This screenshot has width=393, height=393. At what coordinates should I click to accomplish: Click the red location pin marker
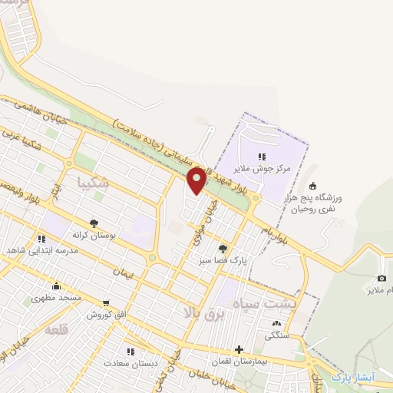tap(196, 180)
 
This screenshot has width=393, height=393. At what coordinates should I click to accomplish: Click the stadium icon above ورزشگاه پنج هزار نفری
tap(312, 185)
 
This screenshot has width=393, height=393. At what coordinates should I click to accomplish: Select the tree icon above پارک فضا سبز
tap(223, 248)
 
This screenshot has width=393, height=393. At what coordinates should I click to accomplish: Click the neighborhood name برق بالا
tap(206, 313)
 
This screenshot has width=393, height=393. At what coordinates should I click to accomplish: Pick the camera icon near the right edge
tap(382, 278)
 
